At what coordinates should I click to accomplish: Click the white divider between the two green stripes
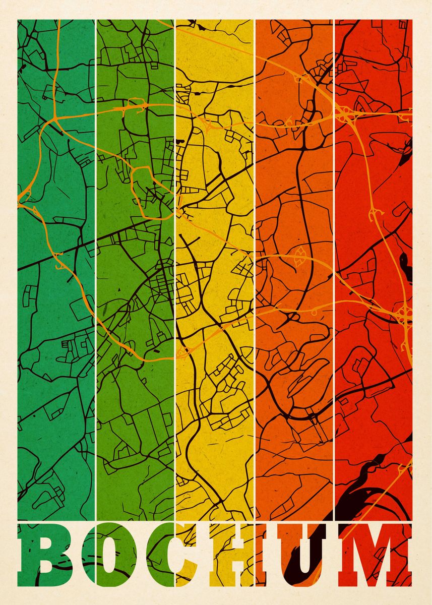(x=95, y=252)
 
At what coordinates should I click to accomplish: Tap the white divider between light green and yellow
(x=175, y=252)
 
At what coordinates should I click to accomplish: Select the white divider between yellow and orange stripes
(x=255, y=252)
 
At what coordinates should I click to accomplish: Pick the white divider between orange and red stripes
(x=334, y=252)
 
